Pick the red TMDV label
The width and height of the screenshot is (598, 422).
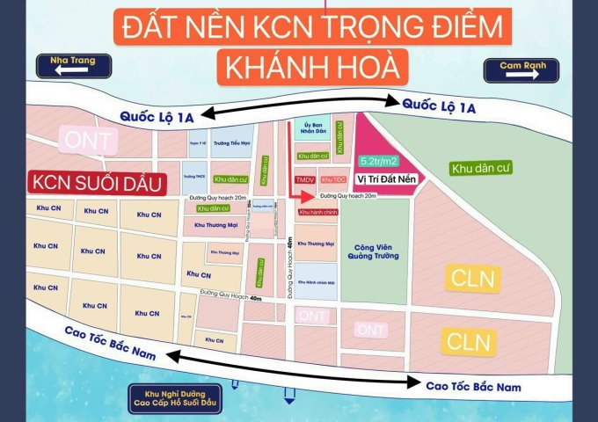(x=304, y=179)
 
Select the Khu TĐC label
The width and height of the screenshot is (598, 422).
(x=333, y=179)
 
